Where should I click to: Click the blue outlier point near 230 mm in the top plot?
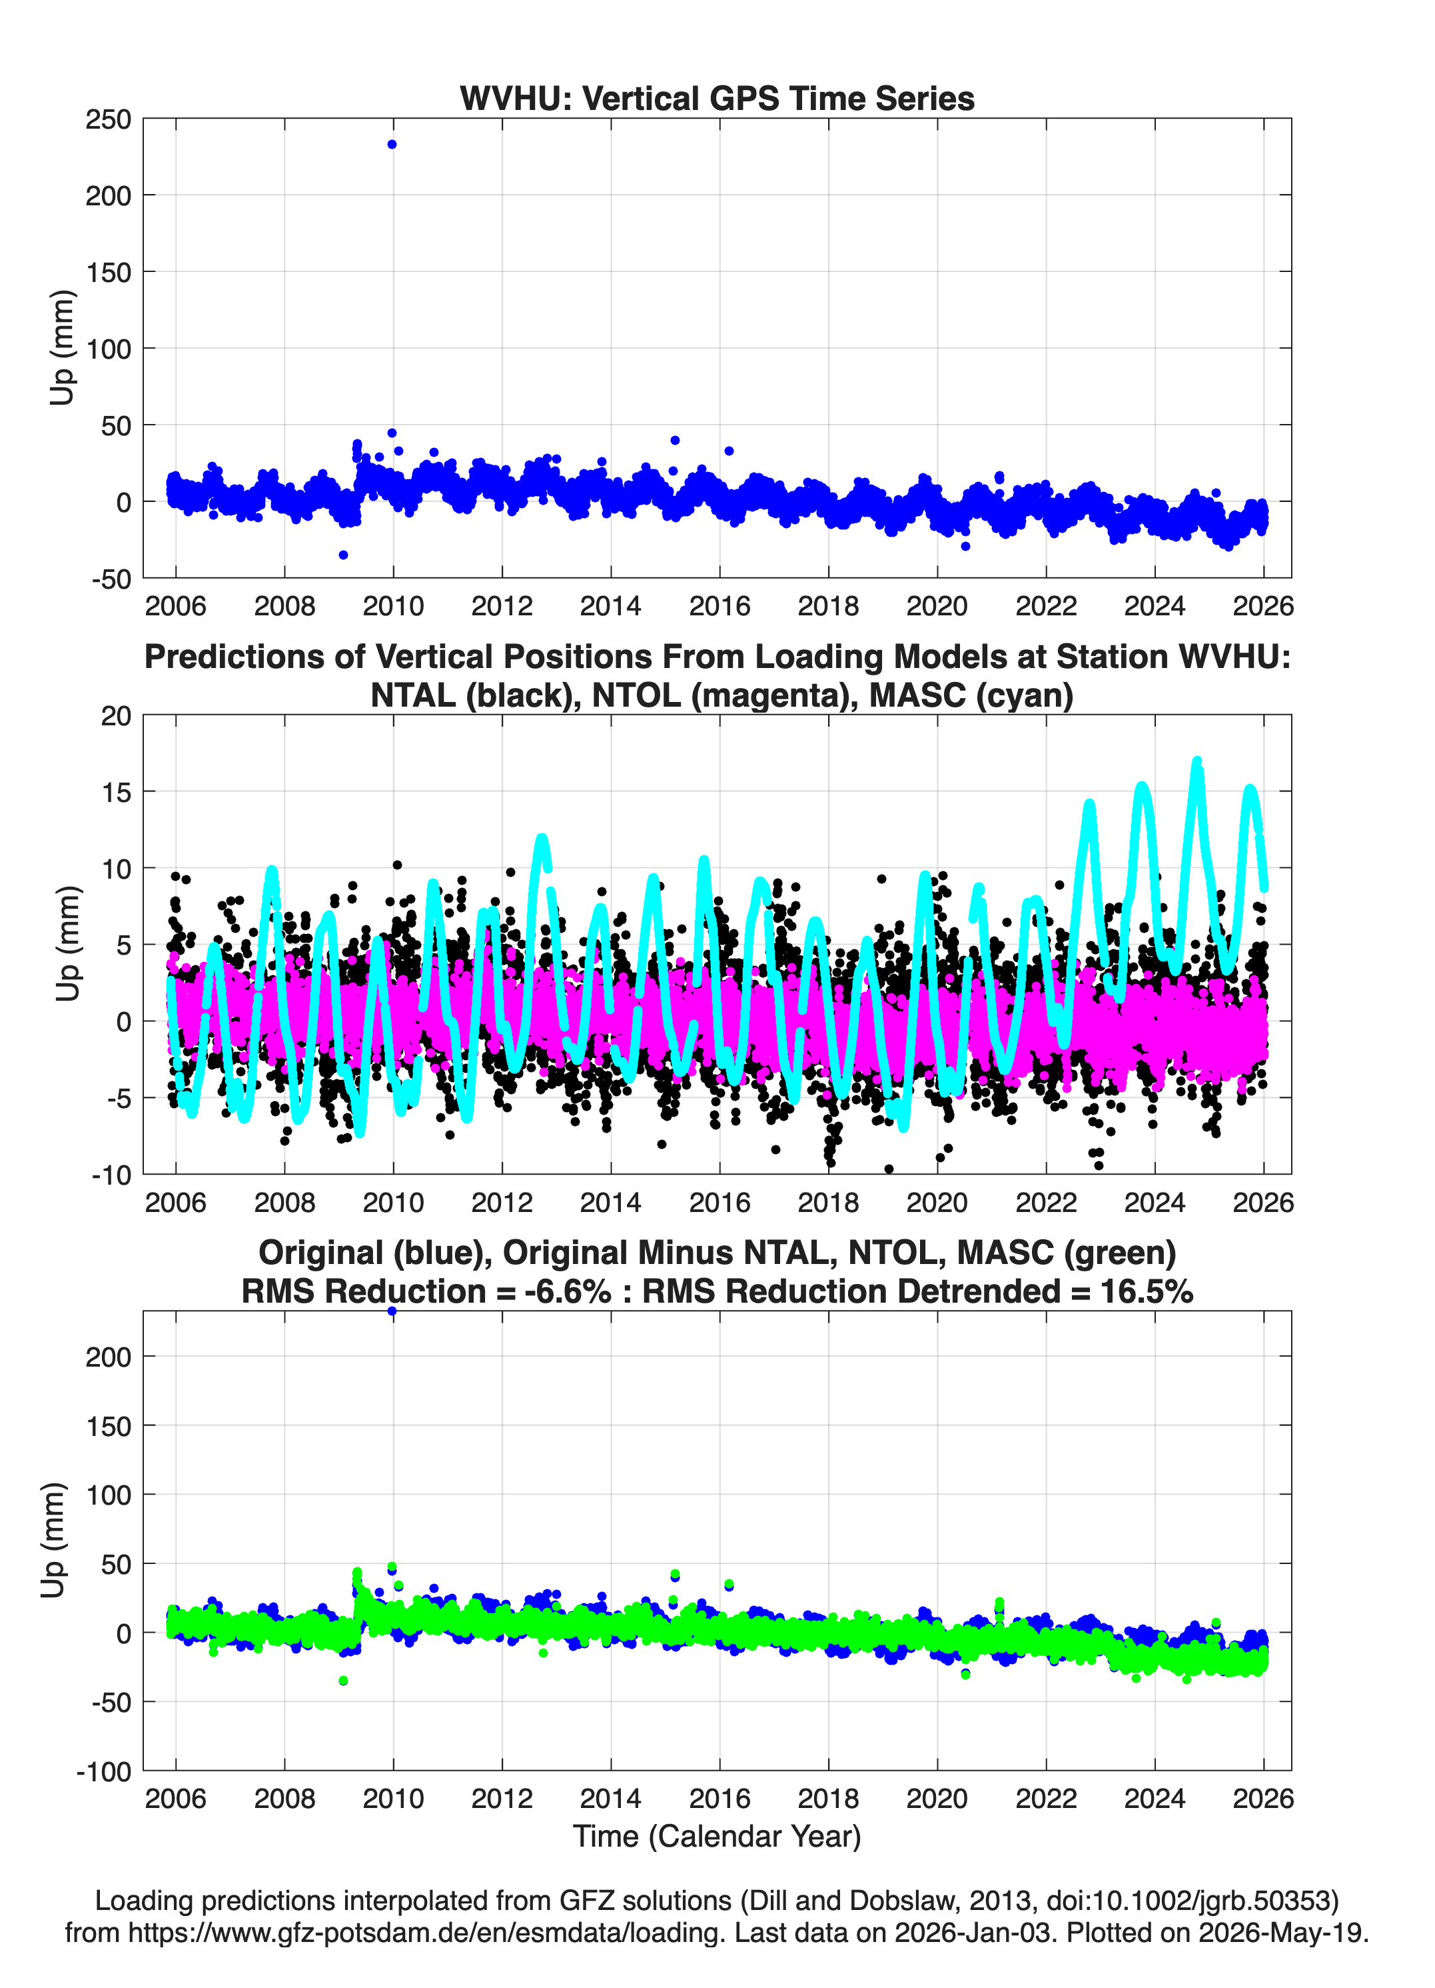392,145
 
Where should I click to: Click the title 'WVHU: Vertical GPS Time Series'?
717,98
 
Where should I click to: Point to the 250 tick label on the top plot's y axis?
108,119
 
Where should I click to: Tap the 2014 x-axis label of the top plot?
611,606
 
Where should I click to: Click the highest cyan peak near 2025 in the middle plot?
1196,761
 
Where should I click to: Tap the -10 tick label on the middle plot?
111,1175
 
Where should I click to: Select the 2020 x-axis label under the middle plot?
937,1202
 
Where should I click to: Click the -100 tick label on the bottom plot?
104,1771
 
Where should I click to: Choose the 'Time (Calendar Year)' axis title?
717,1837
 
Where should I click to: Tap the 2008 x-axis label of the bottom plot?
284,1799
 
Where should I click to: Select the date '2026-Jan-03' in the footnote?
973,1932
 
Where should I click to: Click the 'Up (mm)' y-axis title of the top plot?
61,347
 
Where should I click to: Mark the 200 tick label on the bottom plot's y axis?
108,1357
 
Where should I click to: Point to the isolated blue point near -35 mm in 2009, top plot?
343,555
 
